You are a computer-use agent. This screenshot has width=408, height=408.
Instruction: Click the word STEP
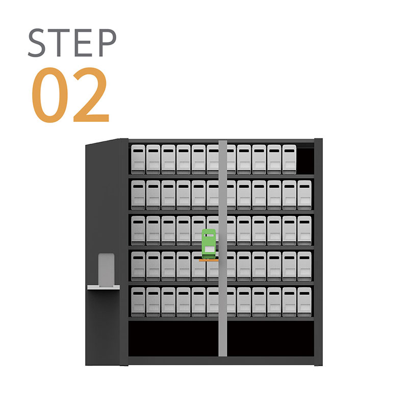pos(72,43)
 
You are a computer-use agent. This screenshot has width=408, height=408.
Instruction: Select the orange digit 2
pos(91,94)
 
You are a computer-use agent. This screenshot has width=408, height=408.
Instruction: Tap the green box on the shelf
pos(209,244)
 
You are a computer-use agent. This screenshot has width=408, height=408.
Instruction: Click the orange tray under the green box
pos(209,260)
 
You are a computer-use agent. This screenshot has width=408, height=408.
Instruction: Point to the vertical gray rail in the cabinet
pos(223,248)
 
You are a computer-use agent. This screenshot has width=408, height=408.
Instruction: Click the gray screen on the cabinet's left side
pos(107,270)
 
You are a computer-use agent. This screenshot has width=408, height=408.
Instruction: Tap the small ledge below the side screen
pos(104,288)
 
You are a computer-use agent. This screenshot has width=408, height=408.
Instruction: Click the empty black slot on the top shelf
pos(305,161)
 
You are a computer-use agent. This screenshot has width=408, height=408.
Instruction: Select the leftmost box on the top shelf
pos(138,159)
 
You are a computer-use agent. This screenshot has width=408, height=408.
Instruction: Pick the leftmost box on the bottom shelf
pos(138,302)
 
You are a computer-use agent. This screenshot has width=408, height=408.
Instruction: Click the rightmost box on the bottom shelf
pos(304,302)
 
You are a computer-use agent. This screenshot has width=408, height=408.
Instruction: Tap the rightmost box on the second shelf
pos(304,195)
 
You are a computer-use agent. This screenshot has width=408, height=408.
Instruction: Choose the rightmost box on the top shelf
pos(289,159)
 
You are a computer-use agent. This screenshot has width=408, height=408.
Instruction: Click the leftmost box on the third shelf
pos(138,231)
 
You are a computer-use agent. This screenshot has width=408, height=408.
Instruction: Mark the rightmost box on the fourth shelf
pos(304,266)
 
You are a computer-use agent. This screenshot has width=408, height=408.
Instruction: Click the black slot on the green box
pos(209,236)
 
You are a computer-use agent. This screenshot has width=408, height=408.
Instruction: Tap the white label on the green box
pos(209,249)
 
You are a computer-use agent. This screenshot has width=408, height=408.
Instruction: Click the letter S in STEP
pos(37,43)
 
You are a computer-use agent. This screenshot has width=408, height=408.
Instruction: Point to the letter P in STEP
pos(108,43)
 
